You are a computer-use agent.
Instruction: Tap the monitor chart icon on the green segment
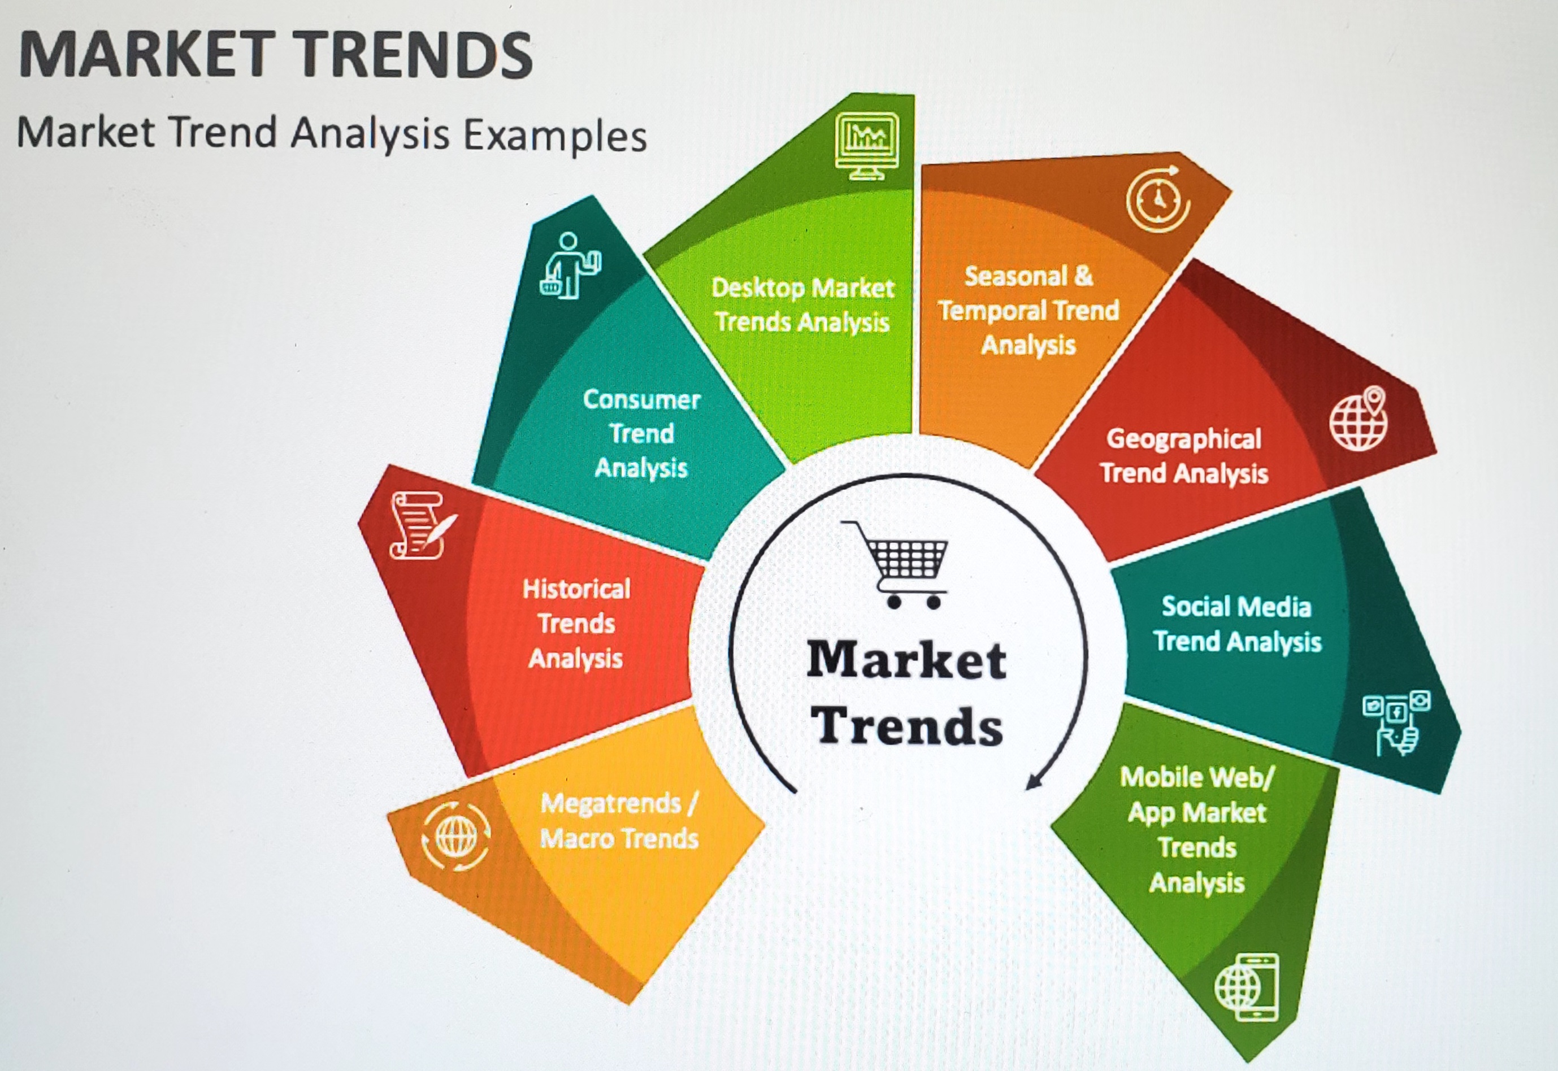coord(867,146)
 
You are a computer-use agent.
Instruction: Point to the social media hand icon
coord(1396,722)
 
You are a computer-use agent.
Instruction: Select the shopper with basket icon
coord(570,265)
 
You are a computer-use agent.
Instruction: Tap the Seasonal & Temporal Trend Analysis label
coord(1028,310)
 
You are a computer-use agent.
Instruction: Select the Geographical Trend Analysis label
coord(1184,456)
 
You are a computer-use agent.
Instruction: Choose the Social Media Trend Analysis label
coord(1237,624)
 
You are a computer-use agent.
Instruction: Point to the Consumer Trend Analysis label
coord(642,433)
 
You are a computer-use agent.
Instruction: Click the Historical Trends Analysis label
coord(576,624)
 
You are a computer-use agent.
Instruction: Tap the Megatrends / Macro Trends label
coord(619,821)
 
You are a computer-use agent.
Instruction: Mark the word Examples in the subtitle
coord(555,135)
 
